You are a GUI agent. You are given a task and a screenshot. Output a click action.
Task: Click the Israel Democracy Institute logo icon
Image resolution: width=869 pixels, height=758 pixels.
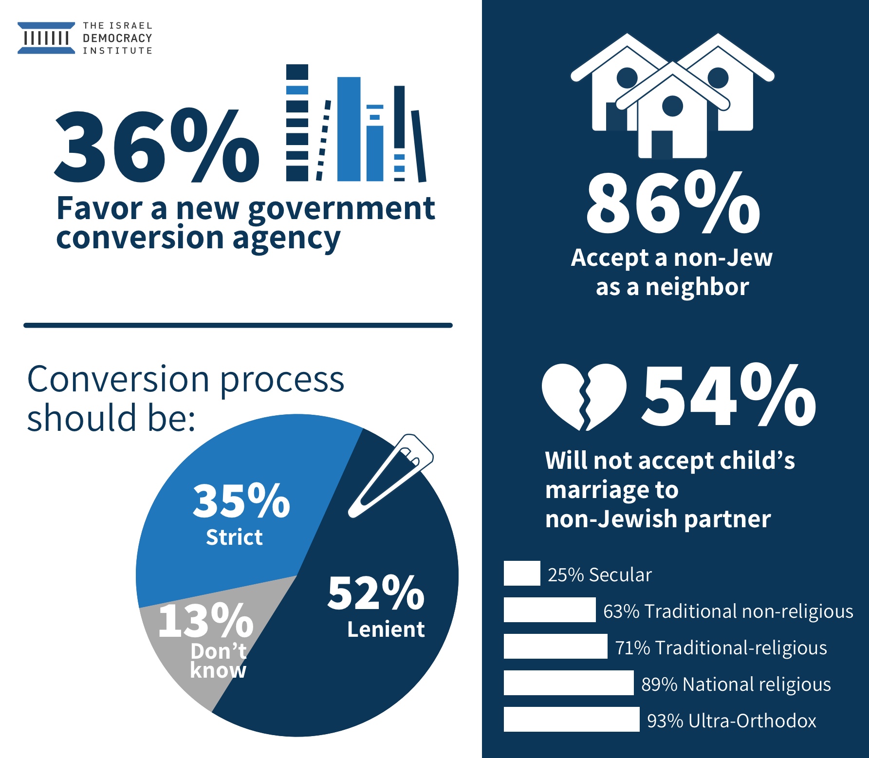point(46,38)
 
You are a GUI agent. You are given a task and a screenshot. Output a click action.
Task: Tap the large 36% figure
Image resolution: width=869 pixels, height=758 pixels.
point(156,146)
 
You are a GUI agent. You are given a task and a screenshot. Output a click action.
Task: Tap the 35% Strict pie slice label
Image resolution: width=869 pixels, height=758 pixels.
point(241,514)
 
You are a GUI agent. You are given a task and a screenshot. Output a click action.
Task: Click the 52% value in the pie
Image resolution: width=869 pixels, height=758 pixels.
point(375,593)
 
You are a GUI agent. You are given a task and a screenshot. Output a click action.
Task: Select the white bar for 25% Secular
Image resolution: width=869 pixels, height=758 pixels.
point(522,573)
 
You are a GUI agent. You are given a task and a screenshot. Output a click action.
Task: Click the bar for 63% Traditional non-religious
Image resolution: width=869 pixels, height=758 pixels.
point(550,610)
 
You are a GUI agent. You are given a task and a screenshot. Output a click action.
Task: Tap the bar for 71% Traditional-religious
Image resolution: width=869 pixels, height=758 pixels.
point(555,647)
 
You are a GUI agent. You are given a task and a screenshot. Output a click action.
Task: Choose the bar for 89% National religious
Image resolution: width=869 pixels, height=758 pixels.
point(569,683)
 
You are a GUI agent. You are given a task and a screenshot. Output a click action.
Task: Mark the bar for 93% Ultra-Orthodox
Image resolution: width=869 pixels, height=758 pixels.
point(572,720)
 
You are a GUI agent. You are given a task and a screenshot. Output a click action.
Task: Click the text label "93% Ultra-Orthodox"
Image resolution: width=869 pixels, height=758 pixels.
point(731,721)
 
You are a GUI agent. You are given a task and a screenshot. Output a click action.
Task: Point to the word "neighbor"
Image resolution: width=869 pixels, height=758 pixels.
point(697,287)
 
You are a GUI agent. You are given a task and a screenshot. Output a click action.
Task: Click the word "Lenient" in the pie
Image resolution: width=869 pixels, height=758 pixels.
point(386,629)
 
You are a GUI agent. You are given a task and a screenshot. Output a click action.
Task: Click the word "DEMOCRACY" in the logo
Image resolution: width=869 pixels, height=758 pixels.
point(117,38)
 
